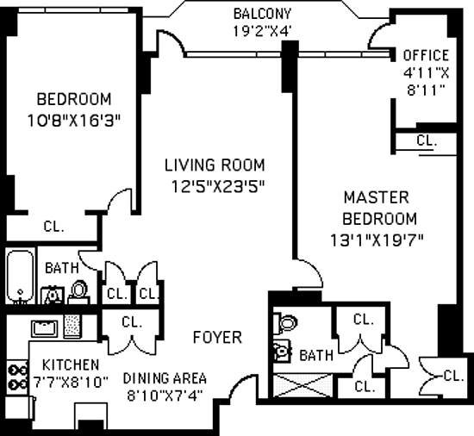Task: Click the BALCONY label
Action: click(262, 14)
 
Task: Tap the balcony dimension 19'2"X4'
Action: click(262, 31)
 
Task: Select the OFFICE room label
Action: click(426, 55)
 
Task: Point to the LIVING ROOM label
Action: click(215, 165)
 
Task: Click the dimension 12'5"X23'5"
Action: click(218, 186)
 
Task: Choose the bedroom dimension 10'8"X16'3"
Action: click(74, 121)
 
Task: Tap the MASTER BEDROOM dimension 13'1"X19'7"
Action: click(377, 240)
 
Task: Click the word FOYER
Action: click(218, 337)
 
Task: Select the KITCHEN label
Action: click(71, 365)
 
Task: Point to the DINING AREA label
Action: click(165, 378)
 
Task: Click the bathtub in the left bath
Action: click(20, 277)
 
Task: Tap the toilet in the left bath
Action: click(79, 292)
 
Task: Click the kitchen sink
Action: click(45, 329)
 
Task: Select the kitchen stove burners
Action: click(18, 377)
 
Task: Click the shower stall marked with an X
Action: click(302, 385)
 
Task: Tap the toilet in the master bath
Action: click(285, 324)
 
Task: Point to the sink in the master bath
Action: click(283, 351)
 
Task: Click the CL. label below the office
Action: click(427, 140)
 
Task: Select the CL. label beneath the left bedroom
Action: click(53, 226)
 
